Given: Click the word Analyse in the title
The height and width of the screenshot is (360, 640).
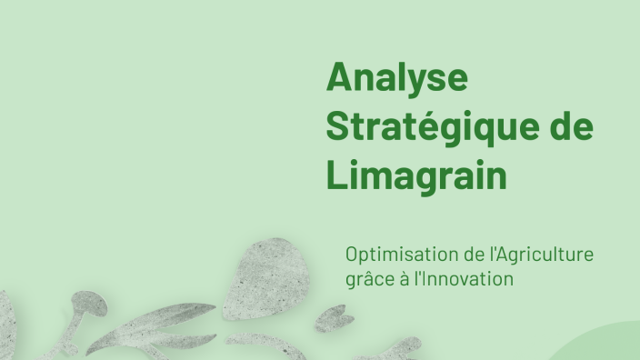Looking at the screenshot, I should click(x=396, y=78).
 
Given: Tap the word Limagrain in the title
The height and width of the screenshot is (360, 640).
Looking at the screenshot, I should click(x=415, y=175).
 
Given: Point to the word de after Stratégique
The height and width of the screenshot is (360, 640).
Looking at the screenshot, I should click(x=570, y=126).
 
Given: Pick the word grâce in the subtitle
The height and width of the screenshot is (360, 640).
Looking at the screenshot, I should click(x=365, y=279).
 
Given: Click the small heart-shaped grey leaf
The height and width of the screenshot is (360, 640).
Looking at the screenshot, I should click(x=335, y=317).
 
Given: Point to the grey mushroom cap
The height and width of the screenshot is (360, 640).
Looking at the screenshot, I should click(x=89, y=304).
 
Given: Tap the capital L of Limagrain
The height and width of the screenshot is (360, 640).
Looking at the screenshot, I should click(x=335, y=175).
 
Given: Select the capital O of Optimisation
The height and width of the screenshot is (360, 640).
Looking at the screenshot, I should click(x=353, y=255).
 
